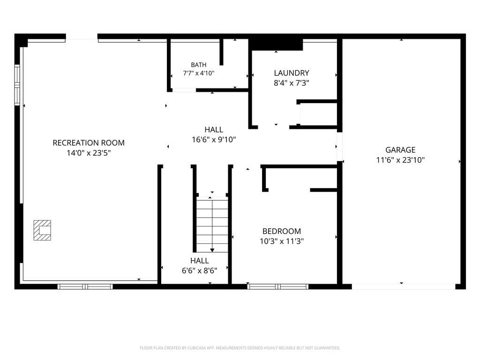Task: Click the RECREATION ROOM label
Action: [89, 142]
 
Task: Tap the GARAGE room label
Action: [400, 150]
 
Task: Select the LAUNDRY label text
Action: [292, 73]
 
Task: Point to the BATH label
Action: [198, 65]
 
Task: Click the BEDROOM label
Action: [281, 231]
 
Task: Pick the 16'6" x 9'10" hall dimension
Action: [214, 140]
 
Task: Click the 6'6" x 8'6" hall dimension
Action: [199, 270]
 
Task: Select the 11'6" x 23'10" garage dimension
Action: [400, 160]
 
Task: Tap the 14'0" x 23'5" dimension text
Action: [89, 153]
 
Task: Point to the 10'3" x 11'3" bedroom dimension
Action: [281, 241]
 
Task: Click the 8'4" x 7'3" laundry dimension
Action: [292, 83]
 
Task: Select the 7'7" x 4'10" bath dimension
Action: [198, 73]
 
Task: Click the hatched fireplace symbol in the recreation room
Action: [42, 230]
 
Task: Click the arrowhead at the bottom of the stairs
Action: [212, 250]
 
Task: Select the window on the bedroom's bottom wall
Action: [277, 287]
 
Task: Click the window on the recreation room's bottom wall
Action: [85, 287]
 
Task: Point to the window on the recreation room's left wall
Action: [17, 85]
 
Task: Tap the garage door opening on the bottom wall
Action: [404, 287]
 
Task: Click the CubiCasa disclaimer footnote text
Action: [240, 348]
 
